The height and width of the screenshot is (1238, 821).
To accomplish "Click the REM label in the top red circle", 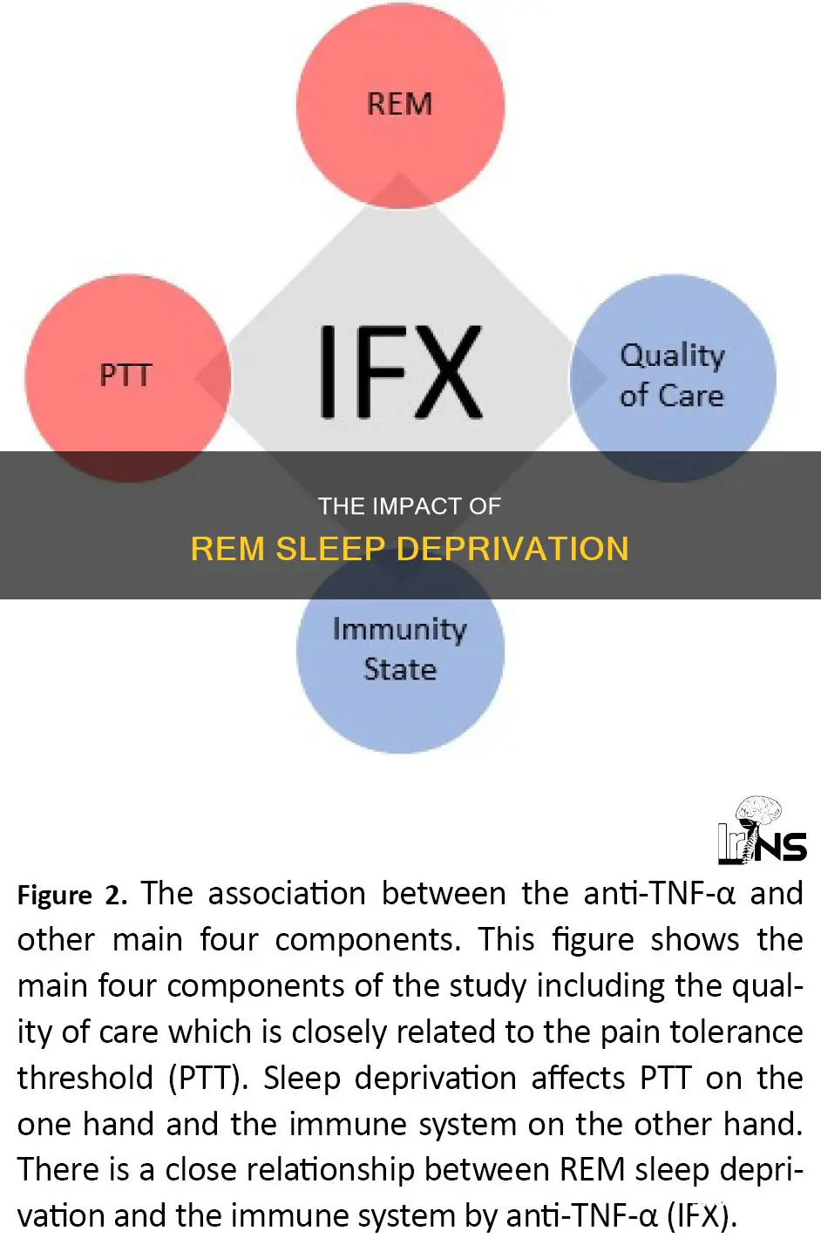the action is tap(400, 104).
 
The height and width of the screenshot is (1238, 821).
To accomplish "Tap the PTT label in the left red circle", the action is tap(126, 375).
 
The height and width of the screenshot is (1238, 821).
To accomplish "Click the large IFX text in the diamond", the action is tap(401, 371).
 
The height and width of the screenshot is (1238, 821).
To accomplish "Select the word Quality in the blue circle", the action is tap(672, 356).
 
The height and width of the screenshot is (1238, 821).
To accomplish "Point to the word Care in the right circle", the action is tap(691, 396).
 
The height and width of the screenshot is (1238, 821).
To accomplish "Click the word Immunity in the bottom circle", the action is tap(400, 631).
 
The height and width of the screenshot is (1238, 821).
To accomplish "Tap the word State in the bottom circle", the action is tap(400, 669).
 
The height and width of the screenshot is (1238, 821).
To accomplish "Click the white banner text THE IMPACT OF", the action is tap(410, 506).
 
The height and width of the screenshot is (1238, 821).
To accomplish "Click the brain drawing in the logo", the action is tap(759, 811).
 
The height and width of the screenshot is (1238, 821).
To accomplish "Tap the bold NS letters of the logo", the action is tap(781, 847).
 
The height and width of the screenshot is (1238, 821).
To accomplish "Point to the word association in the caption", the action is tap(287, 894).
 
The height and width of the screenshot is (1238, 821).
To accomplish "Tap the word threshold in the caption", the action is tap(85, 1078).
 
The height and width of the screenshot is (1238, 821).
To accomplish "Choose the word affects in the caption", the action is tap(579, 1078).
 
